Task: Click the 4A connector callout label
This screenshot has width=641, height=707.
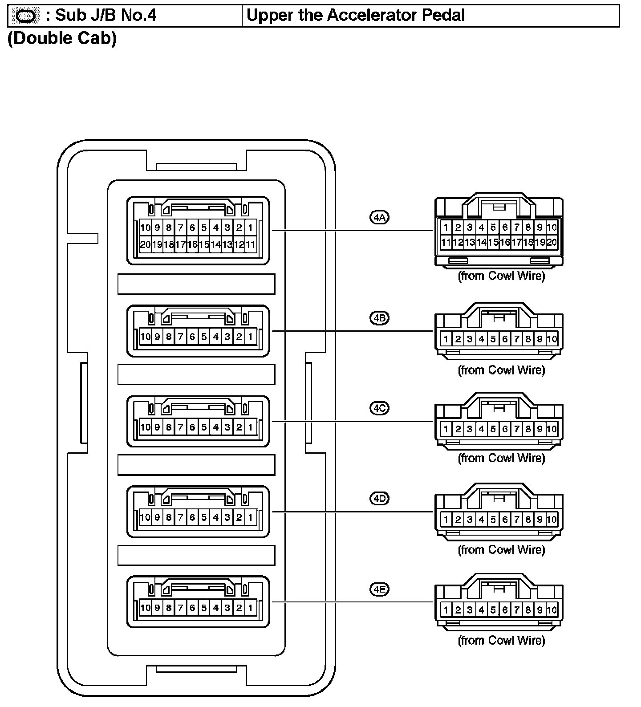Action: click(x=379, y=217)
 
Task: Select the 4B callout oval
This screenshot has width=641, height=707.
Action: click(x=379, y=318)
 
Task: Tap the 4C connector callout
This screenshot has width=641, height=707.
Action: click(x=379, y=408)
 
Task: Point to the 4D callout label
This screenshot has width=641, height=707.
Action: click(x=379, y=498)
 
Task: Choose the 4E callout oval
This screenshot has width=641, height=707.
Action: click(x=379, y=589)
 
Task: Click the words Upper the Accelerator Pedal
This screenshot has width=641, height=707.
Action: click(x=355, y=16)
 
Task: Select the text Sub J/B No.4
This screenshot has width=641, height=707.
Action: click(x=105, y=16)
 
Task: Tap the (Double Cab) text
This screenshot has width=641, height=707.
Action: click(x=62, y=38)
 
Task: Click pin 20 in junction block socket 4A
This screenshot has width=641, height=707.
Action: click(x=145, y=244)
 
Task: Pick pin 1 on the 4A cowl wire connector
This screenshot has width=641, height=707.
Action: click(x=446, y=228)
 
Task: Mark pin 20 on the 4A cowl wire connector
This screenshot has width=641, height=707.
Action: click(x=552, y=243)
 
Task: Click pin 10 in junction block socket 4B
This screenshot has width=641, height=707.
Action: click(x=145, y=337)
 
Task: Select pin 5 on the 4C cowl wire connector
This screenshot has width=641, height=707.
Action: click(x=493, y=429)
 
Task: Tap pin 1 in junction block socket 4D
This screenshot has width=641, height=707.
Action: click(x=251, y=517)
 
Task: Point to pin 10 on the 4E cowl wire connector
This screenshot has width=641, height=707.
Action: click(x=552, y=610)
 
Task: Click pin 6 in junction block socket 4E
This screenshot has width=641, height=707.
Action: click(x=192, y=608)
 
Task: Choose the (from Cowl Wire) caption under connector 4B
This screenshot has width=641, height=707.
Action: click(x=501, y=370)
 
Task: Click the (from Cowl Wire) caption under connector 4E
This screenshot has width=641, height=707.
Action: click(x=501, y=640)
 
